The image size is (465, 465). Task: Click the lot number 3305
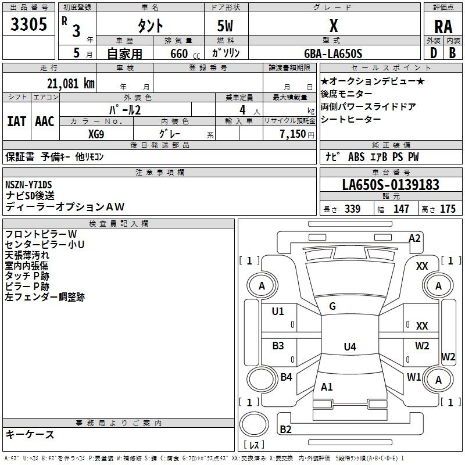pos(28,25)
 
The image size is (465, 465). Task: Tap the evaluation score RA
pos(443,27)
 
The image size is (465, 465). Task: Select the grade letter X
pos(333,26)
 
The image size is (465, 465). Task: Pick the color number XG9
pos(96,133)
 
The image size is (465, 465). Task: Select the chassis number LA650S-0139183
pos(391,185)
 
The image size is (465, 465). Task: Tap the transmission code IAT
pos(16,121)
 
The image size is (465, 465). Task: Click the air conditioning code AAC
pos(44,121)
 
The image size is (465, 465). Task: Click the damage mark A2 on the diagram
pos(414,238)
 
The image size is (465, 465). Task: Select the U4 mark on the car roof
pos(349,347)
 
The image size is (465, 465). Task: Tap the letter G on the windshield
pos(332,306)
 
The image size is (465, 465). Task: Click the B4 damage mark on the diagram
pos(286,377)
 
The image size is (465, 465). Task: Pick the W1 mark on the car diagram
pos(414,377)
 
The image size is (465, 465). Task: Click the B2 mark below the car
pos(285,430)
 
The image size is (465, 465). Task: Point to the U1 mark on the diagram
pos(278,312)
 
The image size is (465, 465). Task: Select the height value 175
pos(448,209)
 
